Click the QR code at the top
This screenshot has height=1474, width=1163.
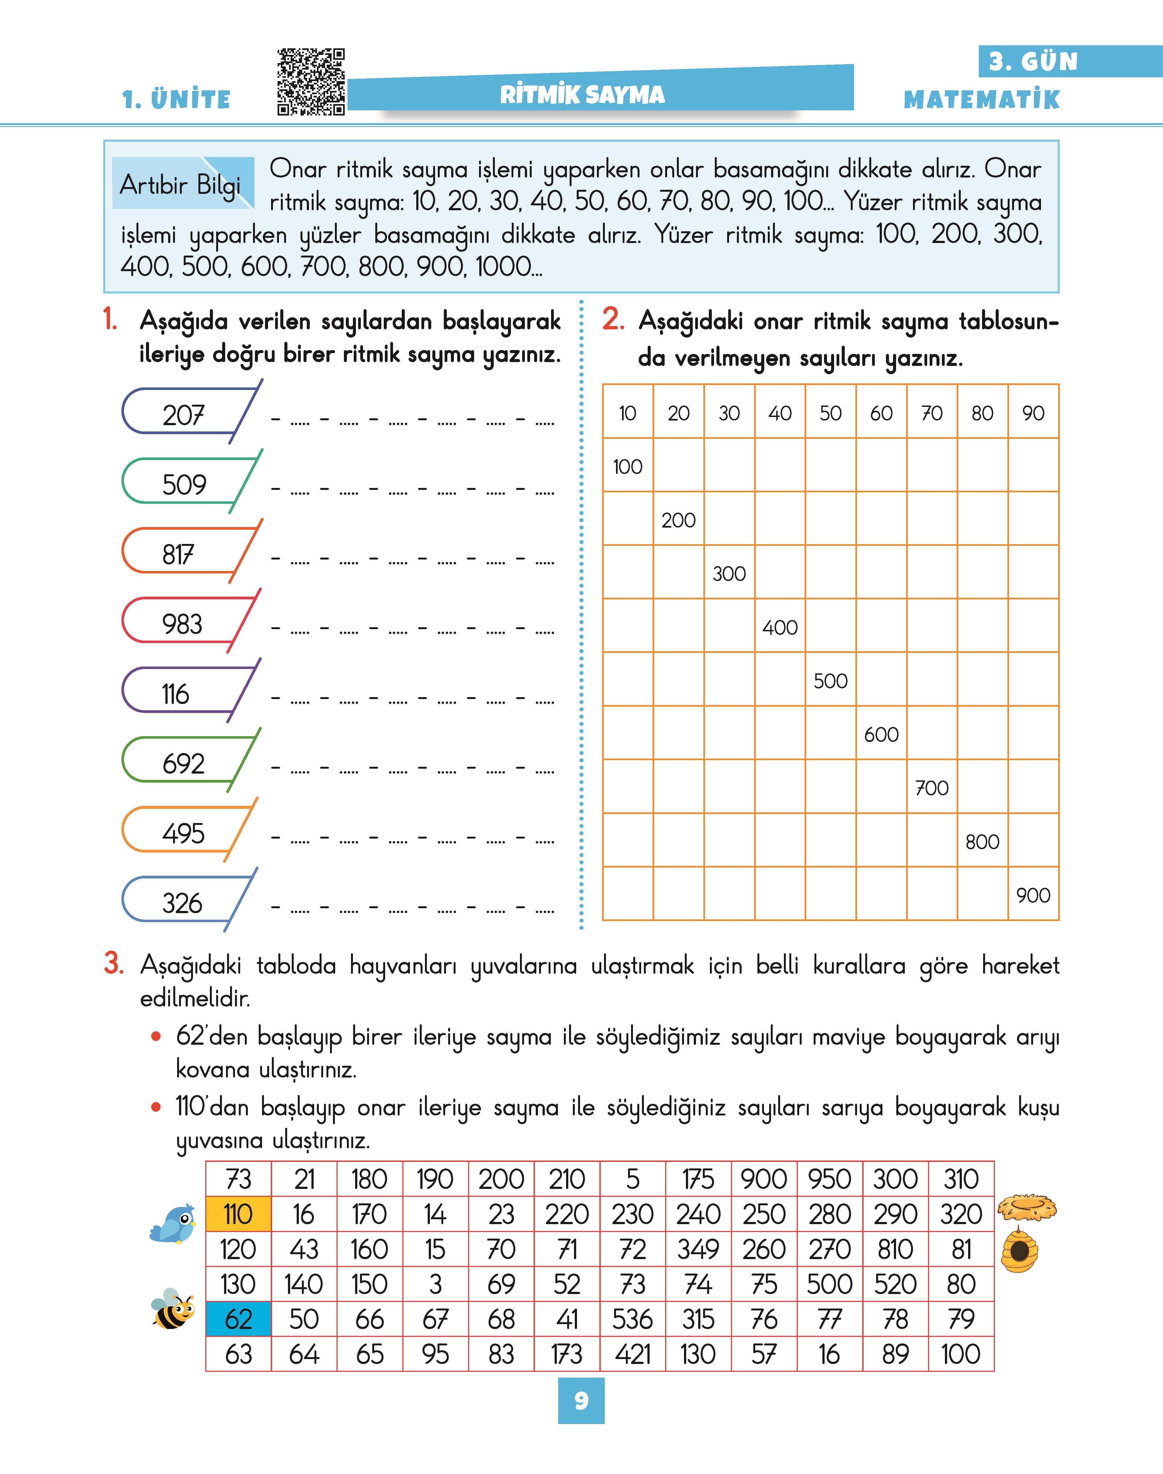click(311, 82)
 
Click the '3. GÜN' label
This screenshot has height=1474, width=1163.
click(1033, 62)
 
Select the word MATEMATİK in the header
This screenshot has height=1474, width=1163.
click(981, 99)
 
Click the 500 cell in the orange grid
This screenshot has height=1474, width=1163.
click(831, 680)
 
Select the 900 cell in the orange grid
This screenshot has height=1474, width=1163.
click(1033, 894)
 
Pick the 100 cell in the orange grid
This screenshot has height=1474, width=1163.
click(627, 467)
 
